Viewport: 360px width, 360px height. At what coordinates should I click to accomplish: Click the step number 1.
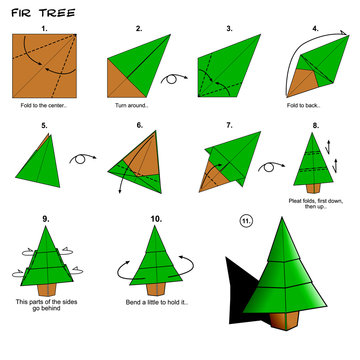click(x=45, y=28)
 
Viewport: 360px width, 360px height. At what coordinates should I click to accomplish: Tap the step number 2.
click(x=138, y=28)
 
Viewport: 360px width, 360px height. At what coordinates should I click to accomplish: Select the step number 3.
click(x=229, y=28)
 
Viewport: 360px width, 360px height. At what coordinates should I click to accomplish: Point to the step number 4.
click(x=316, y=28)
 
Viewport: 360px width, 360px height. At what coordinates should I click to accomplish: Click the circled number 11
click(x=245, y=219)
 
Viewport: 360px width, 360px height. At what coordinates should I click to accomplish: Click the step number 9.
click(x=45, y=218)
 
